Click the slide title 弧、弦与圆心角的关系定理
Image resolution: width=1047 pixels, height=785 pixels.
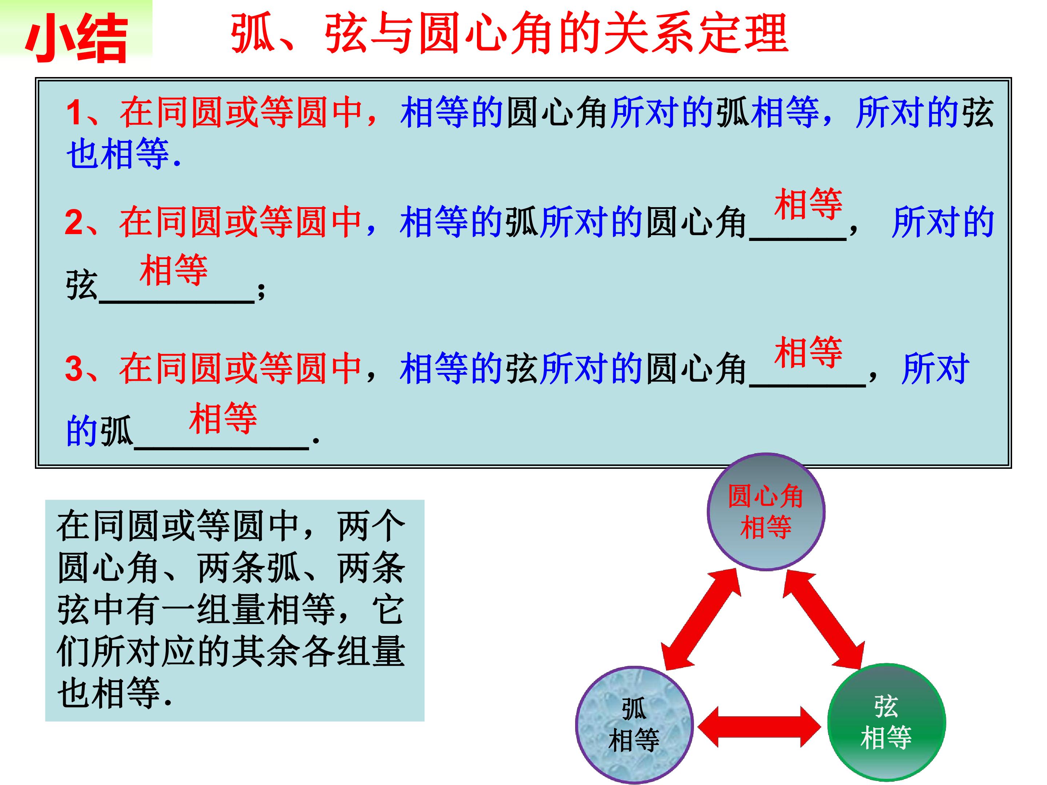click(509, 33)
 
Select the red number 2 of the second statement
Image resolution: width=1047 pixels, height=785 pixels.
click(74, 222)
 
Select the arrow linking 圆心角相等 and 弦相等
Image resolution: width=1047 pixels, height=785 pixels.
click(823, 619)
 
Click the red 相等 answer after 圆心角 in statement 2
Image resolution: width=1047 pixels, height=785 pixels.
click(809, 204)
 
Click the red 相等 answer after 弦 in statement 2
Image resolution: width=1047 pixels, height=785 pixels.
click(174, 270)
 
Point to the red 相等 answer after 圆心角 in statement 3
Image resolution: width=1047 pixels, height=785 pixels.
click(809, 352)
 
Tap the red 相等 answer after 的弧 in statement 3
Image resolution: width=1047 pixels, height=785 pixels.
click(223, 418)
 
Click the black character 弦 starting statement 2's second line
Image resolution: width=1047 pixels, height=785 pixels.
click(82, 285)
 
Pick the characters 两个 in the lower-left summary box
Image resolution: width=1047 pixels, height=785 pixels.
click(372, 526)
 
